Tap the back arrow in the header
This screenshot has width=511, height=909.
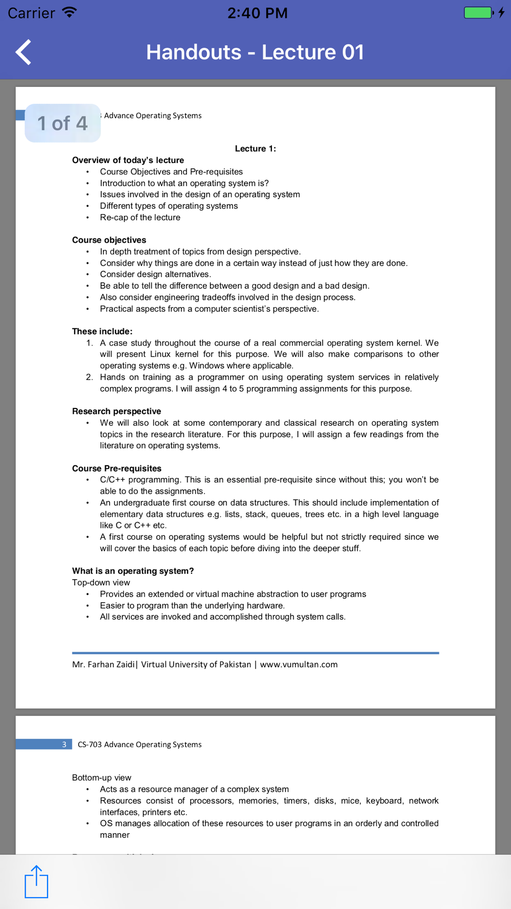click(24, 52)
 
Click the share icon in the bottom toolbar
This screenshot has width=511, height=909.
click(36, 881)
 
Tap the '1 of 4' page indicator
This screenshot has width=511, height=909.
click(62, 123)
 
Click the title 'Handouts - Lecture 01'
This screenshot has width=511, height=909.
click(255, 52)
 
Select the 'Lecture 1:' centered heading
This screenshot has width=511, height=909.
click(255, 149)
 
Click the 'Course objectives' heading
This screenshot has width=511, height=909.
click(109, 240)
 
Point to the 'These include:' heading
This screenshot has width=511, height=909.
click(102, 331)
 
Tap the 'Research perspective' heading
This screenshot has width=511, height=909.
click(117, 411)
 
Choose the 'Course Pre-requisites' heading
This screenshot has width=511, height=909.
click(117, 468)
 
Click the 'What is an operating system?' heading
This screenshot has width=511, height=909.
click(133, 571)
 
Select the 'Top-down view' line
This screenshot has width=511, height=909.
click(101, 582)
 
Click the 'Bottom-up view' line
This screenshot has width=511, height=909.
click(102, 778)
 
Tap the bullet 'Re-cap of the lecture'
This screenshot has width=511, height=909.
click(140, 217)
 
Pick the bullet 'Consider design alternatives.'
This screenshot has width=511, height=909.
click(155, 275)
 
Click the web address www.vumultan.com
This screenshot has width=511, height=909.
click(298, 665)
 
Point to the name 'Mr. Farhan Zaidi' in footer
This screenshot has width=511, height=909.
click(103, 665)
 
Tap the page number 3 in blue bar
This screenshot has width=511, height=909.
click(64, 744)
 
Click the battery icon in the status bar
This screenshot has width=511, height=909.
click(478, 13)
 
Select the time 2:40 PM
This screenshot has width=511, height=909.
click(257, 13)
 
